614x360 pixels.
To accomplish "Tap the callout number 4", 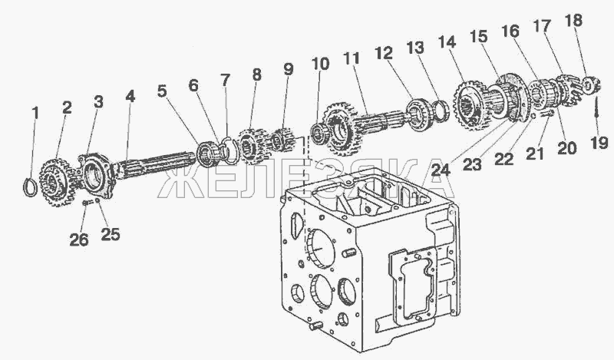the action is tap(130, 97).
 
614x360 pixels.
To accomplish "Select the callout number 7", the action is tap(225, 81).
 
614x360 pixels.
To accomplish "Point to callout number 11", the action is tap(352, 59).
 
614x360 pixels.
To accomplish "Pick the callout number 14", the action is tap(447, 42).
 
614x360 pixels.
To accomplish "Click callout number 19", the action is tap(599, 143).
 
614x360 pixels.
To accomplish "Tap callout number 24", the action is tap(441, 169).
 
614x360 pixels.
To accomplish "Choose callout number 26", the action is tap(79, 239).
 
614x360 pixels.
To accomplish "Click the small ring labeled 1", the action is tap(30, 187).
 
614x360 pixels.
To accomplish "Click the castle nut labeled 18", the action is tap(590, 85).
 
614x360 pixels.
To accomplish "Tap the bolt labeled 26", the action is tap(84, 203).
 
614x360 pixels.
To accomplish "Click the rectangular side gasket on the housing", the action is tap(412, 288).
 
